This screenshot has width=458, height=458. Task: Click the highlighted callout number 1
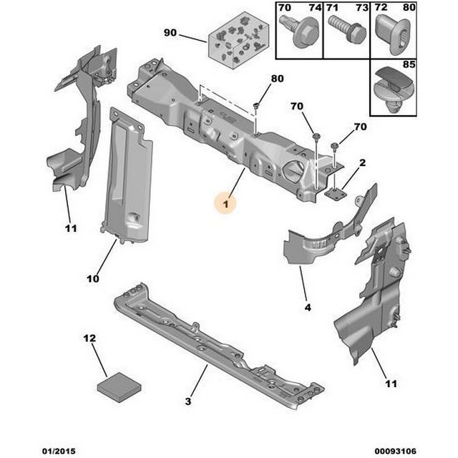[226, 204]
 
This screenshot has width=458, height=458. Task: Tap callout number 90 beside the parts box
[170, 32]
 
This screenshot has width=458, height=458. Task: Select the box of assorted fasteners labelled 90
[238, 40]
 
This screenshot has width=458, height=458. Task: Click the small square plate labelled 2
[336, 194]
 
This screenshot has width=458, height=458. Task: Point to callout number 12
[89, 338]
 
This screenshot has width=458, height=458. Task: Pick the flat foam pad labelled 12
[120, 387]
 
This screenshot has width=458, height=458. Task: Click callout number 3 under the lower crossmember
[188, 401]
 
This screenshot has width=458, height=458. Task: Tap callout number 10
[93, 278]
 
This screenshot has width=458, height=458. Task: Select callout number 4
[308, 307]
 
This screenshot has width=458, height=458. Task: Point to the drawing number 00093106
[396, 451]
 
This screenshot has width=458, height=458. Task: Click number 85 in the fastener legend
[409, 64]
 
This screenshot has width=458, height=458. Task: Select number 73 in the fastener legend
[362, 8]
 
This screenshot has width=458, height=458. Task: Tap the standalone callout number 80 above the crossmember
[277, 78]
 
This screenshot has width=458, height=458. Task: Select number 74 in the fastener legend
[316, 8]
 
